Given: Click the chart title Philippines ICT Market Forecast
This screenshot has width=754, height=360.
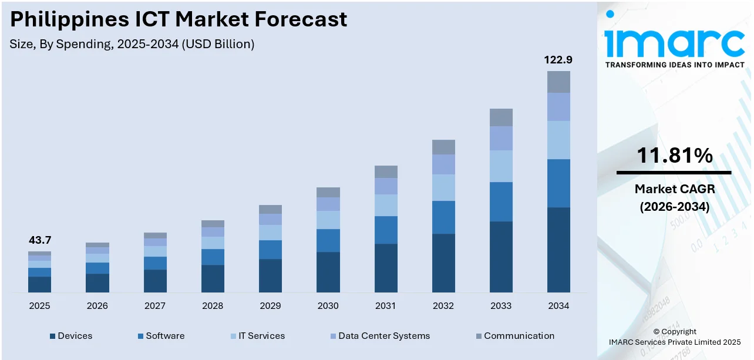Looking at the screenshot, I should pos(179,19).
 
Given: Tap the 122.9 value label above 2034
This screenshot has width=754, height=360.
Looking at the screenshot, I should pos(558,60).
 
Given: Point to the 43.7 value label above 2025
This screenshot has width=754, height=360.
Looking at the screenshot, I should pos(39,240).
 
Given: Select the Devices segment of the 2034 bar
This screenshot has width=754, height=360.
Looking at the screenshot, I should pos(558,250).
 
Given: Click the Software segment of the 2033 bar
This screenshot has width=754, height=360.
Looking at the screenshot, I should pos(501,201).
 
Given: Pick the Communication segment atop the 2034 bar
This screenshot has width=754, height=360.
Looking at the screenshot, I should pos(558,82).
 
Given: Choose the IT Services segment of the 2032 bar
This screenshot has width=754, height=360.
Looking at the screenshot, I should pos(443,187).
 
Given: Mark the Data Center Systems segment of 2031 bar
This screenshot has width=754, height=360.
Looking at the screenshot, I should pos(386,186).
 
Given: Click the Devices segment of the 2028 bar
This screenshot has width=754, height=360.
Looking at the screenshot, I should pos(213,278).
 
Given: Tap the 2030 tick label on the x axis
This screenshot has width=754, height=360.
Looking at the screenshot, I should pos(328,306).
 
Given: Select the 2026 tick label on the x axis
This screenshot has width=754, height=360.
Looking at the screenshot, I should pos(97,306).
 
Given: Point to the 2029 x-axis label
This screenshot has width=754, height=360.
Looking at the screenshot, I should pos(270,306).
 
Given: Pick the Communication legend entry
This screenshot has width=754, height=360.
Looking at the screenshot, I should pos(514,336).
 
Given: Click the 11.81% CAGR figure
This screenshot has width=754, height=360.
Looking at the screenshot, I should pos(674,156).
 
